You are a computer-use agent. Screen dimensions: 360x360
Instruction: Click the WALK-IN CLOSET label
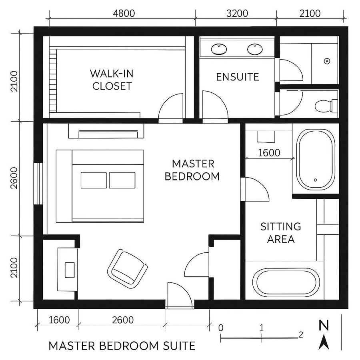(x=112, y=80)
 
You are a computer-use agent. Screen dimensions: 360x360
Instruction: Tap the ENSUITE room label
(x=238, y=77)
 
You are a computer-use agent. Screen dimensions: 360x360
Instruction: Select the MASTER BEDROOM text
(x=192, y=170)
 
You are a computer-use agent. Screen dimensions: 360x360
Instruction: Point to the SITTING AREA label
(x=281, y=233)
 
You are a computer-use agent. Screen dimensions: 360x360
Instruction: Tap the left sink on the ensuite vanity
(x=219, y=49)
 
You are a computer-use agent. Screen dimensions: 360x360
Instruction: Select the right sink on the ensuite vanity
(x=254, y=49)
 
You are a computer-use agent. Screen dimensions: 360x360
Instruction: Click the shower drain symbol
(x=327, y=61)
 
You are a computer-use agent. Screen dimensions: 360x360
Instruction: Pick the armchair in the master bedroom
(x=126, y=267)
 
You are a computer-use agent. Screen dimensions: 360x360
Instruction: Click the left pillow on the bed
(x=94, y=180)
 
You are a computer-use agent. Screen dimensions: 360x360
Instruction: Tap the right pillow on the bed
(x=122, y=180)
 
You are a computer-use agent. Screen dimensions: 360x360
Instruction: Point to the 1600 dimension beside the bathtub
(x=269, y=152)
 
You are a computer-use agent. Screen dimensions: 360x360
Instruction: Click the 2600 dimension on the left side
(x=14, y=178)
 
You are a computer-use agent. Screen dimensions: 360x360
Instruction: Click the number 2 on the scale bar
(x=300, y=333)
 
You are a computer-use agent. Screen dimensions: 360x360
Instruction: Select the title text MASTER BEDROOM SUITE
(x=122, y=346)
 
